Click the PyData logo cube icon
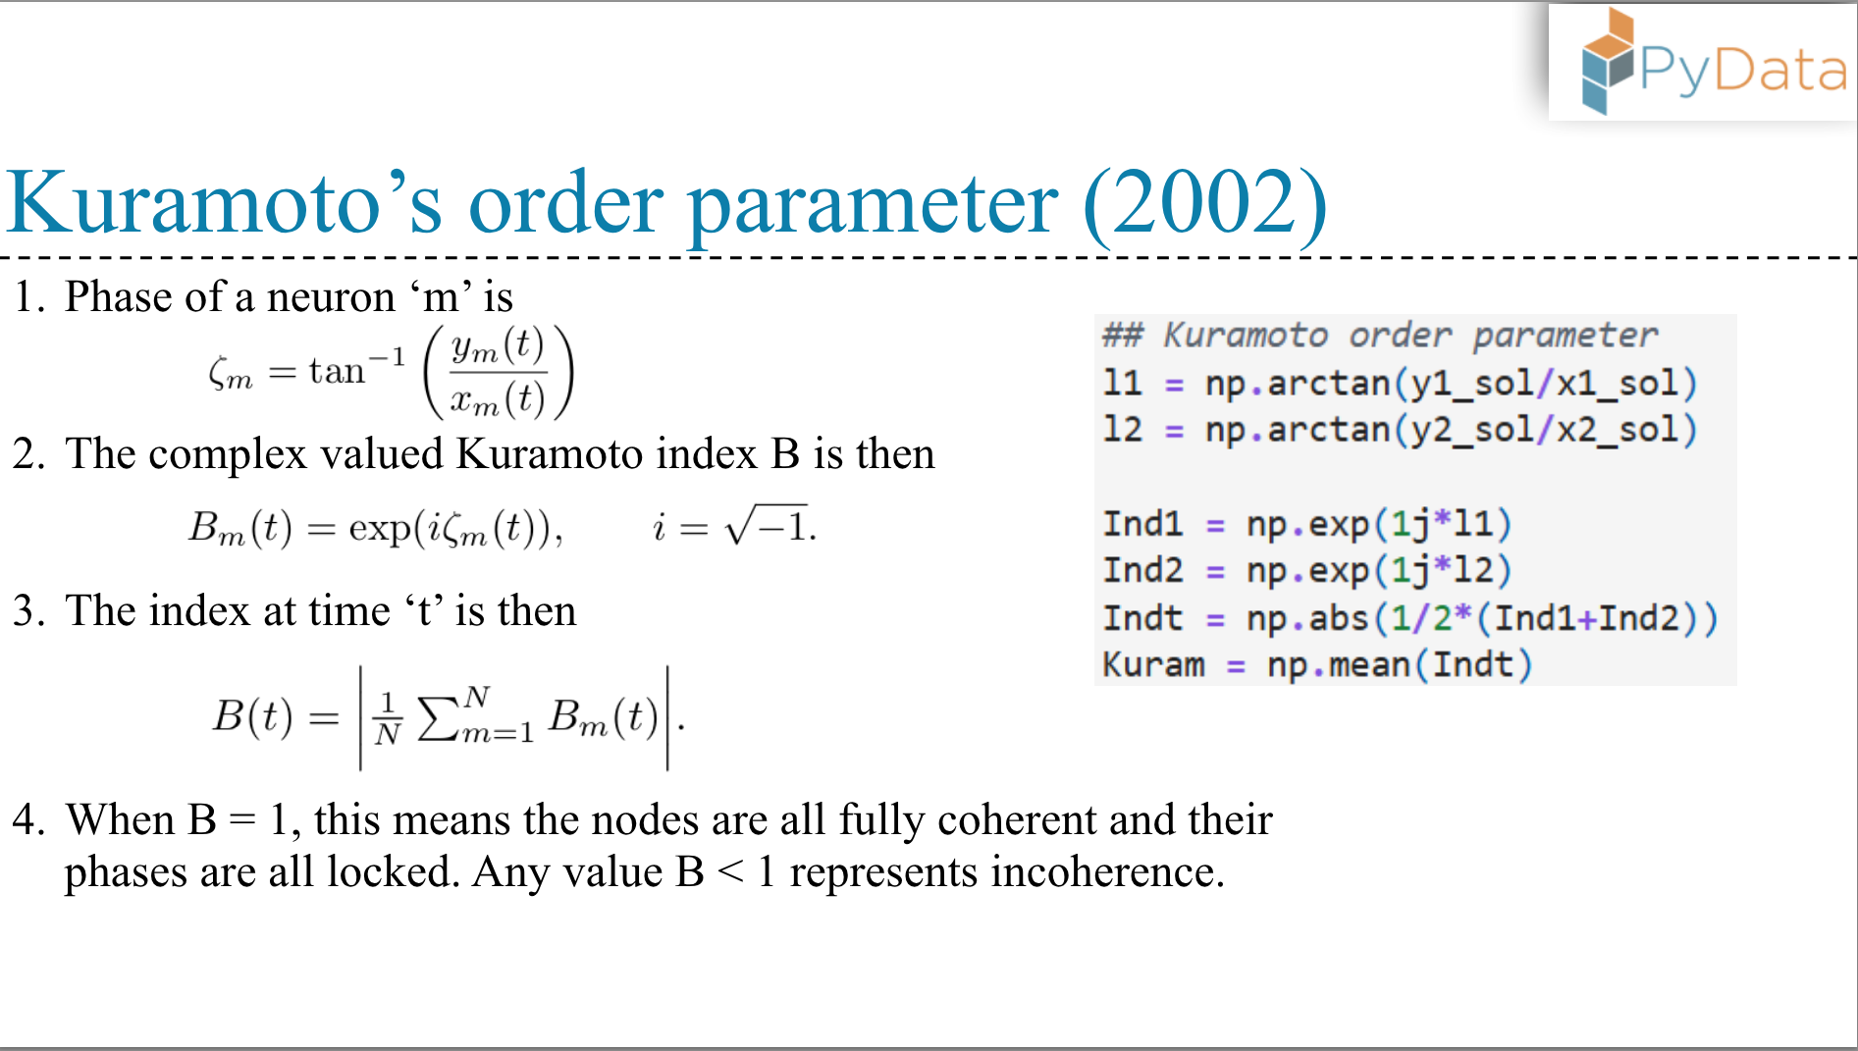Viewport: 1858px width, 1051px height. pos(1608,62)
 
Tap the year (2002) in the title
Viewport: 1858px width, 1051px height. pos(1205,203)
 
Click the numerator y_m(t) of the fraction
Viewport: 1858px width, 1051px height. pos(498,346)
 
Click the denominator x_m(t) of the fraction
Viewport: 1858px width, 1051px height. pos(498,398)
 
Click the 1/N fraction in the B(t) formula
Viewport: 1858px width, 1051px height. pos(388,718)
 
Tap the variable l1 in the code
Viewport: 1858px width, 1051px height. pos(1122,382)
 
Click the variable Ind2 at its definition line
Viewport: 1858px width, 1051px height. pos(1142,570)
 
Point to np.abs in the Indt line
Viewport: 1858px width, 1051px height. pos(1307,618)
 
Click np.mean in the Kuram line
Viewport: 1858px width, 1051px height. pos(1339,665)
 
